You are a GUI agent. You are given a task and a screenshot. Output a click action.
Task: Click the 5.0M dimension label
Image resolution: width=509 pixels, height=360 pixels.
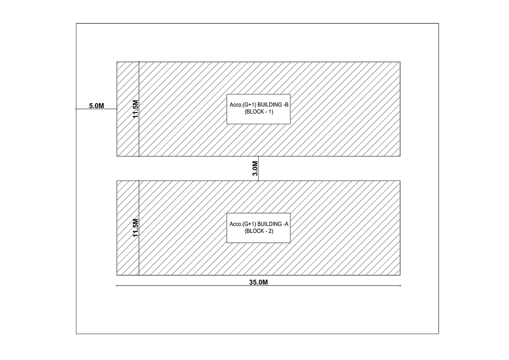[97, 105]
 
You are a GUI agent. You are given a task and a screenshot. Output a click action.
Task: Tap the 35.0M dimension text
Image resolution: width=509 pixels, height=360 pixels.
[258, 282]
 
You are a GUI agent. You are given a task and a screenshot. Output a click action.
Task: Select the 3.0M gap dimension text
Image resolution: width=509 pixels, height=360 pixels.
[255, 168]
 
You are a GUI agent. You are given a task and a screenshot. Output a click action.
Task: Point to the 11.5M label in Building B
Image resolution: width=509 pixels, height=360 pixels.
[135, 109]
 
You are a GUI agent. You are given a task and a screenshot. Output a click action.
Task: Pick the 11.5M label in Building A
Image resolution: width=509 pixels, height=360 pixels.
[135, 228]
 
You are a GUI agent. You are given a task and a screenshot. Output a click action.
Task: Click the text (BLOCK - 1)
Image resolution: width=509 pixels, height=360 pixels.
[259, 112]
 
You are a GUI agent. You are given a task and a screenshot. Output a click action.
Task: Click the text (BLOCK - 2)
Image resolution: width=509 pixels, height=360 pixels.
[259, 231]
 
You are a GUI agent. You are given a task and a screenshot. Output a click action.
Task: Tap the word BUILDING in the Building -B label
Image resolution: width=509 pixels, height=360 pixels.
[269, 105]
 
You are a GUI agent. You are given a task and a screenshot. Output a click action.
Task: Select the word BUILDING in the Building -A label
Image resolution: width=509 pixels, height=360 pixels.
[269, 224]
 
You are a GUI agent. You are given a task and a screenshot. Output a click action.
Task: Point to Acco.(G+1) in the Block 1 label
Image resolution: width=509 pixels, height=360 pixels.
[242, 105]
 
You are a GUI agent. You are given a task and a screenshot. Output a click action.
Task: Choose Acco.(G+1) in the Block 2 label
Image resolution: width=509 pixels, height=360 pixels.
[242, 224]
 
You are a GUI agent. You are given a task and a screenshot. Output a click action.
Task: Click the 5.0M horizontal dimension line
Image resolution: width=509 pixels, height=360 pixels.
[97, 109]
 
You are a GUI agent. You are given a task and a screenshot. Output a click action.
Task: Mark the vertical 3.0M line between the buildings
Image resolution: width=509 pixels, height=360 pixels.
[258, 168]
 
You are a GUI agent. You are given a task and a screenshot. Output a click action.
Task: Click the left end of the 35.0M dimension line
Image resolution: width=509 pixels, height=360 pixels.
[117, 285]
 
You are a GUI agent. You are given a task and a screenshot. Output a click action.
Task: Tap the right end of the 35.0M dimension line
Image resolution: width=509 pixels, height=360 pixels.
[400, 285]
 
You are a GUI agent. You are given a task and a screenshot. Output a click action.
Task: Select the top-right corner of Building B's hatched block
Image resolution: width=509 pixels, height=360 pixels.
[400, 61]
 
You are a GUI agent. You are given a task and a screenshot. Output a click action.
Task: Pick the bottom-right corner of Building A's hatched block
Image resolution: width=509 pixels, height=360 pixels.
[400, 275]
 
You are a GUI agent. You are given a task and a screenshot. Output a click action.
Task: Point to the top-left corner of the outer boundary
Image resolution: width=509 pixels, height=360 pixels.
[76, 24]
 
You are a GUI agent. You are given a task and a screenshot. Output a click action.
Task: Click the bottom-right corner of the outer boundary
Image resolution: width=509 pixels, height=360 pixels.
[439, 334]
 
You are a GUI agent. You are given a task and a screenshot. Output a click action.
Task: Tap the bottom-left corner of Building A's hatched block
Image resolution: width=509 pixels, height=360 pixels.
[117, 275]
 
